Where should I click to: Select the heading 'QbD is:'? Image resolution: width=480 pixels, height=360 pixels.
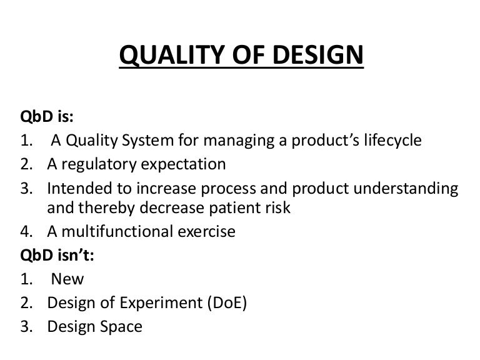click(x=46, y=119)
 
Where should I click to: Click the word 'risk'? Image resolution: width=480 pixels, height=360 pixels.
click(x=276, y=208)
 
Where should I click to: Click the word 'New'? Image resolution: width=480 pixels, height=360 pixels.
click(x=67, y=279)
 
